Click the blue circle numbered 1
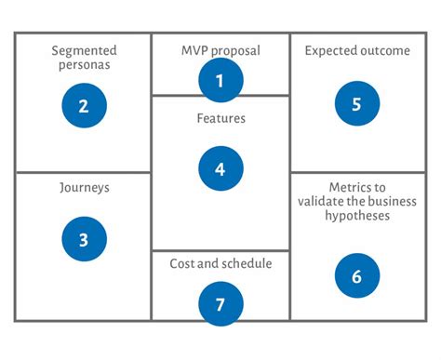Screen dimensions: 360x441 220,80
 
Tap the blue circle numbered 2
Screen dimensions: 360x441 84,106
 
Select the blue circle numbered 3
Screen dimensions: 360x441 84,239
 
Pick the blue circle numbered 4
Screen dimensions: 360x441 220,168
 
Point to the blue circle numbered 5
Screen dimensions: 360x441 356,103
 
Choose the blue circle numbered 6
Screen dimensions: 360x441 356,276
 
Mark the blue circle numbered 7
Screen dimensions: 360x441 220,304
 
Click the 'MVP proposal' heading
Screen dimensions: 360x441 220,50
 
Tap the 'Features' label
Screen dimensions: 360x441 220,119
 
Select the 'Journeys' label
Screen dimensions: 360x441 84,187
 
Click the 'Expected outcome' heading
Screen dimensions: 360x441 357,51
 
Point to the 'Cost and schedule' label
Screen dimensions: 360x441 220,263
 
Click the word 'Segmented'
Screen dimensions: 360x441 84,50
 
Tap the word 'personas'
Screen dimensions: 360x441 84,66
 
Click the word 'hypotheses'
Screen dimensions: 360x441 357,216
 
